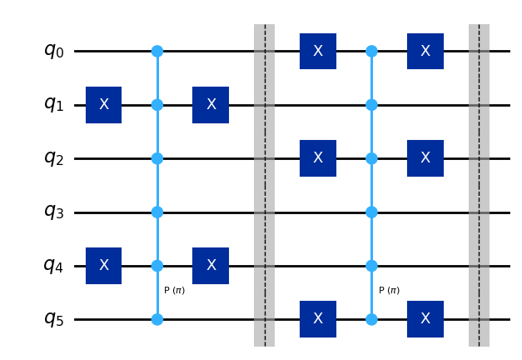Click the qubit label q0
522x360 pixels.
53,51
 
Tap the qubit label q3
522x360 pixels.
53,212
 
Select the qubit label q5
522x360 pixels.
53,319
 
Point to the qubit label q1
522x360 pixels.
53,105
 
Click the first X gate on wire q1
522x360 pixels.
104,105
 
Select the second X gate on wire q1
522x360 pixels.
211,105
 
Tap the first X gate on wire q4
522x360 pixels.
104,266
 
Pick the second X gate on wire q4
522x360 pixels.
211,266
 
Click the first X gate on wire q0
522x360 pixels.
318,51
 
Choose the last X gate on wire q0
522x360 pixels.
425,51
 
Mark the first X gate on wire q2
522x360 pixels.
318,158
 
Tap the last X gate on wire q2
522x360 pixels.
425,158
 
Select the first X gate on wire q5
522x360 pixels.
318,319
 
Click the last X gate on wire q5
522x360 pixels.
425,319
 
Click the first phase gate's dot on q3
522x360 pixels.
157,212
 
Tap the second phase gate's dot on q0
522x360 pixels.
371,51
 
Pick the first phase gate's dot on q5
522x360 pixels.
157,319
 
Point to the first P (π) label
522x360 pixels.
175,290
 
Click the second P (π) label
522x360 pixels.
389,290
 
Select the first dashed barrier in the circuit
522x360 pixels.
264,185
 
